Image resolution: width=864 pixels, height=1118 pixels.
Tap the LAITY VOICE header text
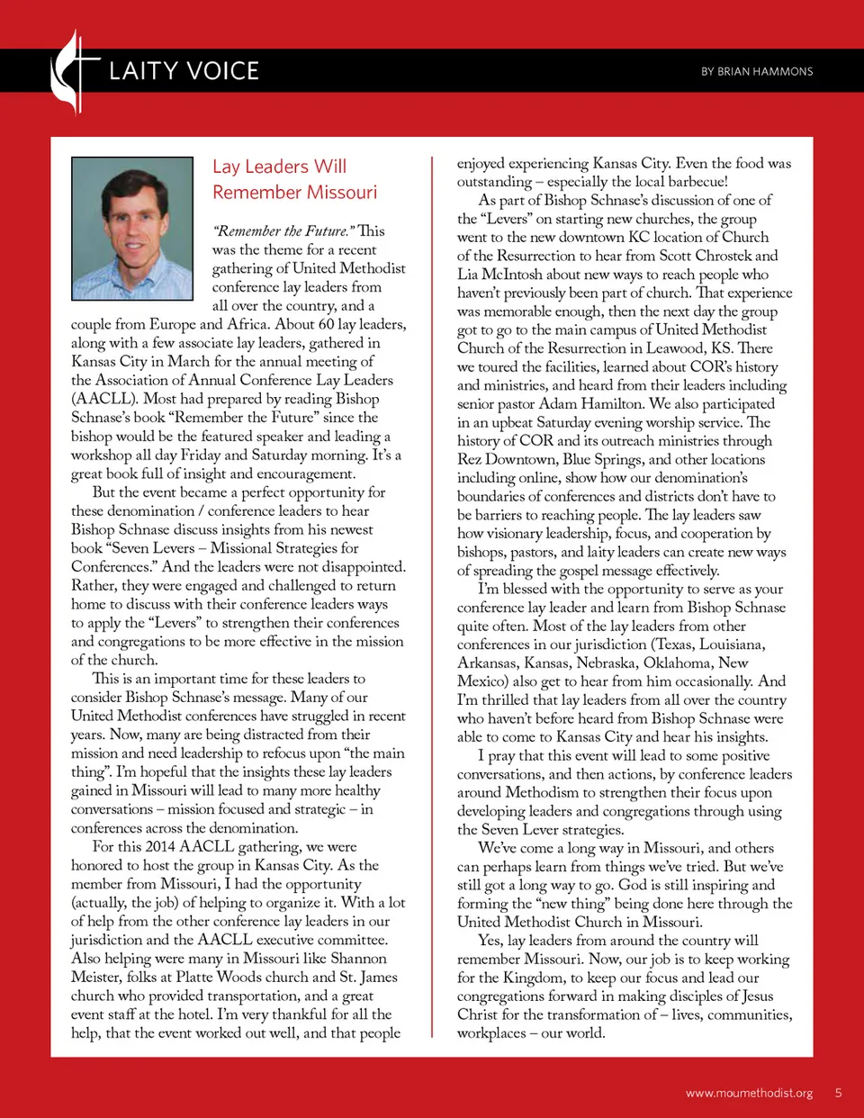(x=184, y=71)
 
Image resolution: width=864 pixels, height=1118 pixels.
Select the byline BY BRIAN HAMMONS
(x=757, y=71)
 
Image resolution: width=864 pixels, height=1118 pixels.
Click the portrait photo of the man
(x=132, y=229)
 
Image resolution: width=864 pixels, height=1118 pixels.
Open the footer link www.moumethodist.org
(x=749, y=1093)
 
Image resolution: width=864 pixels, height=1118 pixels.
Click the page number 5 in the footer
(x=838, y=1093)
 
